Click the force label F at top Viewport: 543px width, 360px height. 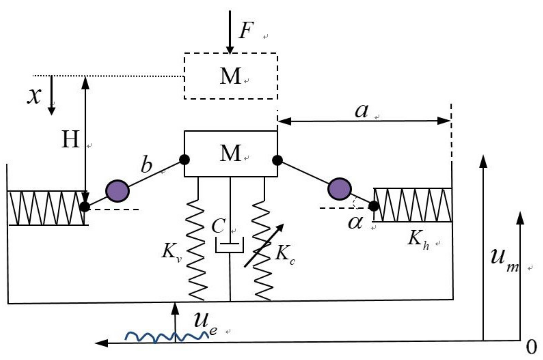point(246,30)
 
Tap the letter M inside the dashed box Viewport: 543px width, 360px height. point(230,76)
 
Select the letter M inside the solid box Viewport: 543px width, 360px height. point(230,153)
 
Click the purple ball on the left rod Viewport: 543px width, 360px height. point(117,191)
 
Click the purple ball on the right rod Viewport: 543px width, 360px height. point(339,189)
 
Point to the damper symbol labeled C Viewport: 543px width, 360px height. point(229,245)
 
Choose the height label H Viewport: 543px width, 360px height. point(70,140)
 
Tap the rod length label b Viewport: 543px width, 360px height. point(146,165)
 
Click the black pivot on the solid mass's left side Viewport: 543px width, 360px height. point(184,160)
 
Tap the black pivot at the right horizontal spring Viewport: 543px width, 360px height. point(373,206)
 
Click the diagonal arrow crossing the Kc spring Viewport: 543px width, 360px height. point(264,246)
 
